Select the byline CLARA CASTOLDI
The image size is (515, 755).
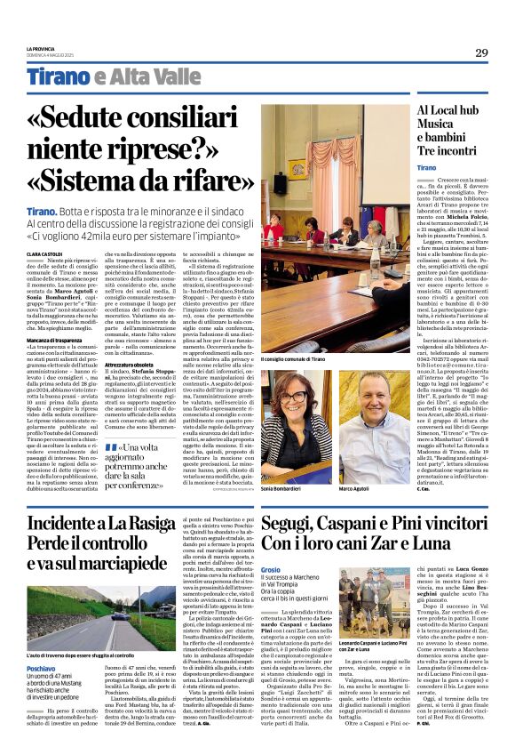pyautogui.click(x=44, y=254)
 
